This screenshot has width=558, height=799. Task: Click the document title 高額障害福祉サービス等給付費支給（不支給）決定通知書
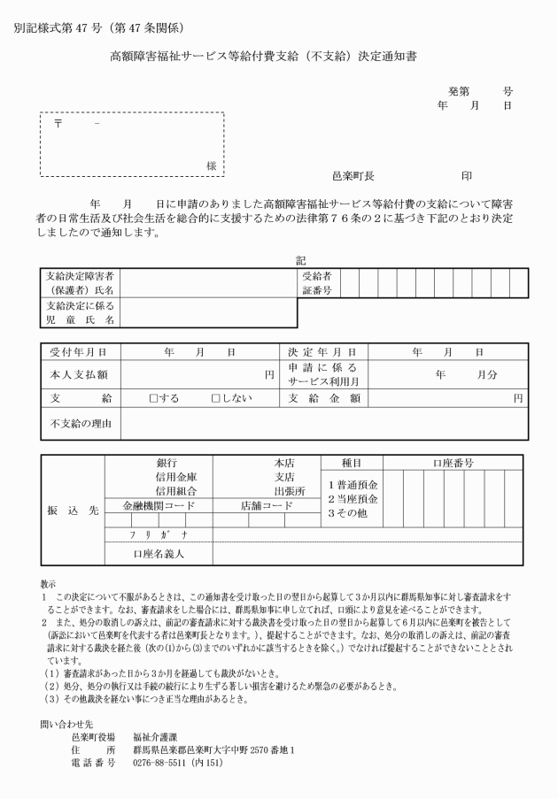[x=263, y=56]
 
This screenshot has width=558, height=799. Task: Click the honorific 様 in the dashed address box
[x=211, y=165]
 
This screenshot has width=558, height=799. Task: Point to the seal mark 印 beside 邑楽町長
[x=467, y=175]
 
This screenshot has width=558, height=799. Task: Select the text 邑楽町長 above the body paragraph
[x=353, y=175]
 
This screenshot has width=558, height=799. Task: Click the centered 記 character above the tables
[x=301, y=260]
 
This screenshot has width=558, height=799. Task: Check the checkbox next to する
[x=154, y=398]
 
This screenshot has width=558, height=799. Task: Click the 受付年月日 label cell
[x=79, y=352]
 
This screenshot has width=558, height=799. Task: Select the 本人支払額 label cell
[x=79, y=374]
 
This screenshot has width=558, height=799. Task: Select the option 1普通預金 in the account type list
[x=353, y=485]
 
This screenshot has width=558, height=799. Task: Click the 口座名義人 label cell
[x=158, y=554]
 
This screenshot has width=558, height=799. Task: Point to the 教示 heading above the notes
[x=48, y=584]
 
